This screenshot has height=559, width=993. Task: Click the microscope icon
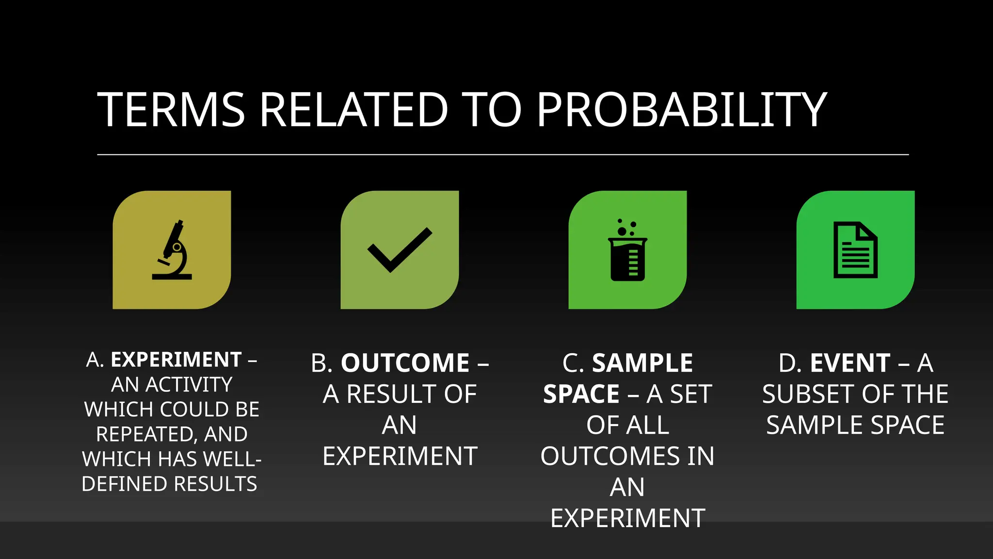click(172, 250)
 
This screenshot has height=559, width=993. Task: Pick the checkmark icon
click(400, 250)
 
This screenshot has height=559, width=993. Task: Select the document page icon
click(855, 250)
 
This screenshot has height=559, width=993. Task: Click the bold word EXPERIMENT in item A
click(176, 360)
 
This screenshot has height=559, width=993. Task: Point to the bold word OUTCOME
click(405, 363)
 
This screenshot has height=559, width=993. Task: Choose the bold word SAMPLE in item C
click(642, 363)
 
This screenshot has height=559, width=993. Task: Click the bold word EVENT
click(850, 363)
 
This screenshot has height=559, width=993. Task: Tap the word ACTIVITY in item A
click(189, 385)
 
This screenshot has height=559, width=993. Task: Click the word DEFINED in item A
click(124, 484)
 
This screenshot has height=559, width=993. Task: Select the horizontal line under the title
click(503, 155)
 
